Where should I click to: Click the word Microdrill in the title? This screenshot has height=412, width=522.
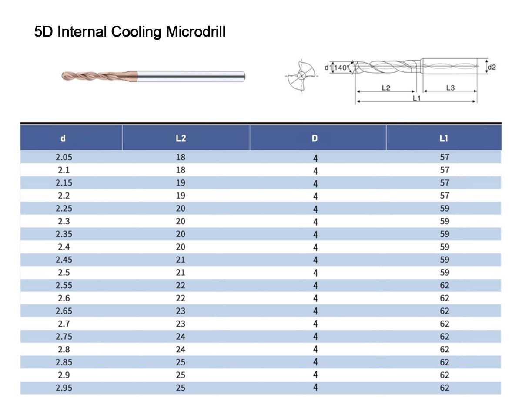pos(195,32)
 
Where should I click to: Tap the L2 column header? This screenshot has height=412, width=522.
pos(181,138)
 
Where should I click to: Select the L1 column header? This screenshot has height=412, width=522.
pos(444,138)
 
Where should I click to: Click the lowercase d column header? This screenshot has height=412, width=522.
pos(63,138)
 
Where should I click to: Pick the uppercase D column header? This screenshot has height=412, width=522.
pos(315,138)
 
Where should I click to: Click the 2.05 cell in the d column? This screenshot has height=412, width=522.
pos(64,157)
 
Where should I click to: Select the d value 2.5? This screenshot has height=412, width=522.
pos(64,273)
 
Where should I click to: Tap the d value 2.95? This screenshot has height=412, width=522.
pos(64,388)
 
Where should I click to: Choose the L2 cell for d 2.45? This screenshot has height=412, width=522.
pos(181,260)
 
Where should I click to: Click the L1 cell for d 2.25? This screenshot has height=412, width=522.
pos(445,209)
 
